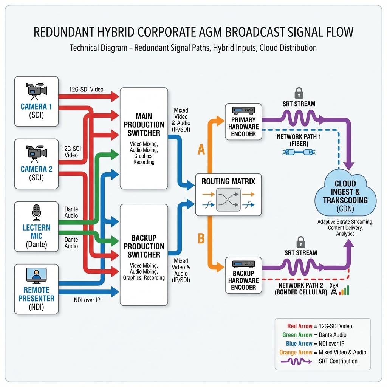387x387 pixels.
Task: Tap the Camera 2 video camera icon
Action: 36,154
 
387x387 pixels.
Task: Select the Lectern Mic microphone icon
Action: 36,213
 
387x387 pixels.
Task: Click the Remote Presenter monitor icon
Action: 36,276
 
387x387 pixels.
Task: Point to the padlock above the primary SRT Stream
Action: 299,93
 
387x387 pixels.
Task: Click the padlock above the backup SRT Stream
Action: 300,242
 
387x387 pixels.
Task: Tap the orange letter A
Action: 201,149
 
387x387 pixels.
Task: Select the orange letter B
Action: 201,238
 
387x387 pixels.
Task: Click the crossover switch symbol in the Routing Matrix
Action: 228,200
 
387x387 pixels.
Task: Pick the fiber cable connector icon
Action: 299,152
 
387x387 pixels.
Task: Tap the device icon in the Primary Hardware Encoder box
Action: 243,110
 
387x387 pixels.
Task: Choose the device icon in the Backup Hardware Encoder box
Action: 243,264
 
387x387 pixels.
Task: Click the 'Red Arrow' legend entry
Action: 300,326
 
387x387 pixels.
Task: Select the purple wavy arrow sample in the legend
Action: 296,361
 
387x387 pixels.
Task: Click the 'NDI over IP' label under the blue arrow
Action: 87,300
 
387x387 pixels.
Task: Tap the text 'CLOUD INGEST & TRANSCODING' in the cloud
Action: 345,192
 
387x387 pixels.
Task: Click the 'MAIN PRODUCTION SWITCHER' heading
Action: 144,125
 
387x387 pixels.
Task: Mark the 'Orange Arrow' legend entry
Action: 296,352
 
